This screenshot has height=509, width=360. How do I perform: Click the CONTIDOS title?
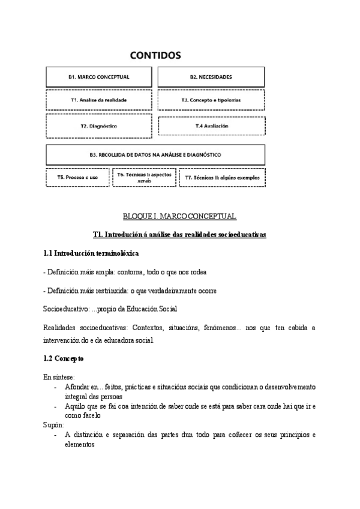(155, 56)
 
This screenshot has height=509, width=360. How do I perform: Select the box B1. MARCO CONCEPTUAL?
(99, 77)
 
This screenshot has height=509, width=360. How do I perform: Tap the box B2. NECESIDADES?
(211, 77)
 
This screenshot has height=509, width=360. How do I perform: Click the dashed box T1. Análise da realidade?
(99, 100)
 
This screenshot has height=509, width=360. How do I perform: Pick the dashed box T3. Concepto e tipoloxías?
(211, 100)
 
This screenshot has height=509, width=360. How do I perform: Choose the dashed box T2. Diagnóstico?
(99, 127)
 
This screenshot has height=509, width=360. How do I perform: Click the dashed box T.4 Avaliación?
(211, 127)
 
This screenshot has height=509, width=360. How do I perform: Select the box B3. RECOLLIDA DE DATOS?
(155, 155)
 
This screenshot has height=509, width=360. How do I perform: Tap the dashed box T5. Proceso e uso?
(77, 178)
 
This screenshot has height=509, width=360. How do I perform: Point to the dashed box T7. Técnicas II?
(222, 178)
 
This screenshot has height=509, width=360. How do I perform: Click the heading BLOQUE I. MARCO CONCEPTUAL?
(179, 217)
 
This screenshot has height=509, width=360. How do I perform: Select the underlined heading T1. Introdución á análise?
(179, 235)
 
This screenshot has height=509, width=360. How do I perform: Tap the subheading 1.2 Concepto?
(64, 358)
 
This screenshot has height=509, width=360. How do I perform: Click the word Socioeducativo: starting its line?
(64, 309)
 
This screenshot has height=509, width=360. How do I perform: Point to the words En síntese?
(58, 377)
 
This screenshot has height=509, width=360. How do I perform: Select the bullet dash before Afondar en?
(55, 387)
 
